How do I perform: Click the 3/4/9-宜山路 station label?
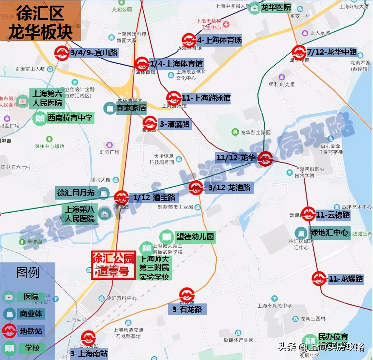click(x=94, y=53)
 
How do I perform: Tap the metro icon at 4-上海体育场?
click(x=189, y=40)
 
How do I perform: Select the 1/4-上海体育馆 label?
click(x=176, y=64)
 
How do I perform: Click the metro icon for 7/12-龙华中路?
click(x=299, y=52)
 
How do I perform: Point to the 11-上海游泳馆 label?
click(x=206, y=98)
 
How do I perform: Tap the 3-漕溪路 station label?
click(x=174, y=124)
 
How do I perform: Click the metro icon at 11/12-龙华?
click(x=265, y=159)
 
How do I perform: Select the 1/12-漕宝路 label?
click(x=154, y=197)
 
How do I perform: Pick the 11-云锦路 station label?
click(x=333, y=215)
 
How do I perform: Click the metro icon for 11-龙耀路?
click(x=319, y=279)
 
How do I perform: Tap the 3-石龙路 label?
click(x=187, y=309)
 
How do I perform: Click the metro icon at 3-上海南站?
click(x=88, y=338)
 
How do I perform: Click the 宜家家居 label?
click(x=131, y=108)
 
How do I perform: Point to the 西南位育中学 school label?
click(x=70, y=118)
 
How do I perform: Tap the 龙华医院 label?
click(x=276, y=7)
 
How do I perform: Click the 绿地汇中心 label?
click(x=329, y=232)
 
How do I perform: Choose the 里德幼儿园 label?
click(x=195, y=237)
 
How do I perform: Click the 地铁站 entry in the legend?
click(x=31, y=331)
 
